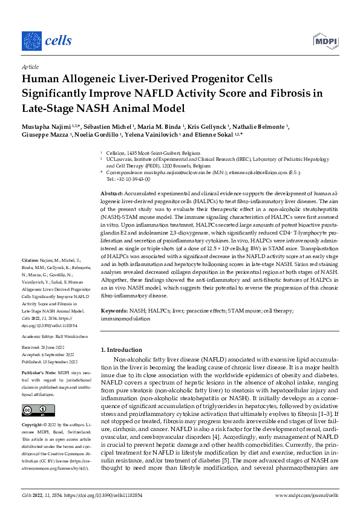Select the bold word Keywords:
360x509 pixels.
click(x=114, y=310)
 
